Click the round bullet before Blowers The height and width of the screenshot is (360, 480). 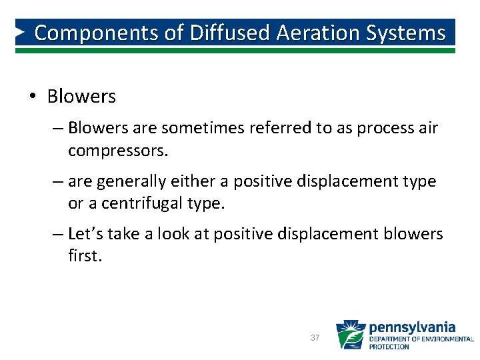[x=33, y=97]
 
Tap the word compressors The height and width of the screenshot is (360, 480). [x=118, y=151]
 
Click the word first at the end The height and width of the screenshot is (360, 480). [x=85, y=256]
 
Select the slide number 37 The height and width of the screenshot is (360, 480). [x=315, y=338]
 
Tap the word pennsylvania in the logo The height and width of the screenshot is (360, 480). [x=412, y=327]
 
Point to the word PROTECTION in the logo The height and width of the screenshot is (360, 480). [x=390, y=347]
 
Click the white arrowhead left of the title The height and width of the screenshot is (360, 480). [x=22, y=32]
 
